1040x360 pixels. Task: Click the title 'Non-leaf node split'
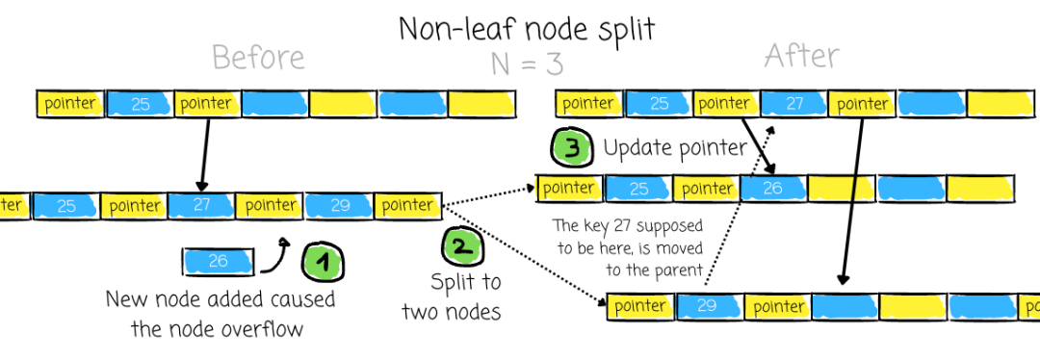pos(527,29)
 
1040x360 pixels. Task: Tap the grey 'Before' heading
pos(259,58)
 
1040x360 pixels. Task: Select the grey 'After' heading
pos(802,56)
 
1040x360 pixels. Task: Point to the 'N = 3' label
pos(527,64)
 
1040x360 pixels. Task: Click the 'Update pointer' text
pos(674,148)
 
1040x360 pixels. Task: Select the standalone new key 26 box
pos(219,261)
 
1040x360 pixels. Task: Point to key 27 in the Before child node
pos(201,206)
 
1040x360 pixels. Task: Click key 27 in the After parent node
pos(793,104)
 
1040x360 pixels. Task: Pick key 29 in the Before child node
pos(339,206)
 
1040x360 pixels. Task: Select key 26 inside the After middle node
pos(773,189)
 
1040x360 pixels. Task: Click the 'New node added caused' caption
pos(221,299)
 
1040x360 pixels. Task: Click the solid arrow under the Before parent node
pos(205,154)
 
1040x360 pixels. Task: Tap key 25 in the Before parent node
pos(140,104)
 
